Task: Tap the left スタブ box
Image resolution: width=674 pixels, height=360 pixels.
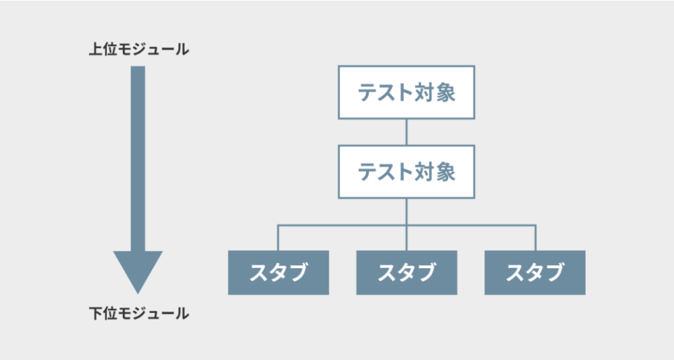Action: (x=278, y=273)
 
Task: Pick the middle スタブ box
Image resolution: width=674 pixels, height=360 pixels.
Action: (x=407, y=273)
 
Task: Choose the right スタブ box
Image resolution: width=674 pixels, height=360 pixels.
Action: (x=535, y=273)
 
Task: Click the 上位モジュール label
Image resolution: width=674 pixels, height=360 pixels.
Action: (x=139, y=49)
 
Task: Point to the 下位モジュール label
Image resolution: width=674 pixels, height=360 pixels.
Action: (x=139, y=313)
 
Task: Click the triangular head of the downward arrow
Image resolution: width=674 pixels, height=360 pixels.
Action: (x=138, y=269)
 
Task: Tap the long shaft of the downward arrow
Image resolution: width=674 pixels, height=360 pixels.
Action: (x=138, y=159)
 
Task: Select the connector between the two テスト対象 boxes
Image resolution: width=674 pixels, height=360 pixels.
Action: (x=406, y=132)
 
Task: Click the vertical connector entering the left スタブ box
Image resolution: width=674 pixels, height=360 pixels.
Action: (x=278, y=238)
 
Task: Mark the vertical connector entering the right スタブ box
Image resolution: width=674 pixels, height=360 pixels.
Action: (x=536, y=238)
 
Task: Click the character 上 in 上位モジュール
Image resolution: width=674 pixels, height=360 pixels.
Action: (x=95, y=49)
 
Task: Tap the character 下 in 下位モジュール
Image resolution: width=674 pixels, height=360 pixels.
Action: (x=95, y=313)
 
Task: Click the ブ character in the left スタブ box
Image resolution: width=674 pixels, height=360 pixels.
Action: (x=298, y=273)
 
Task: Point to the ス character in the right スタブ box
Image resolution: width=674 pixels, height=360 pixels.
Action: (x=516, y=273)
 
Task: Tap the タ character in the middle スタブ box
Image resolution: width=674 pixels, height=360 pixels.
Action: (x=407, y=273)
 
